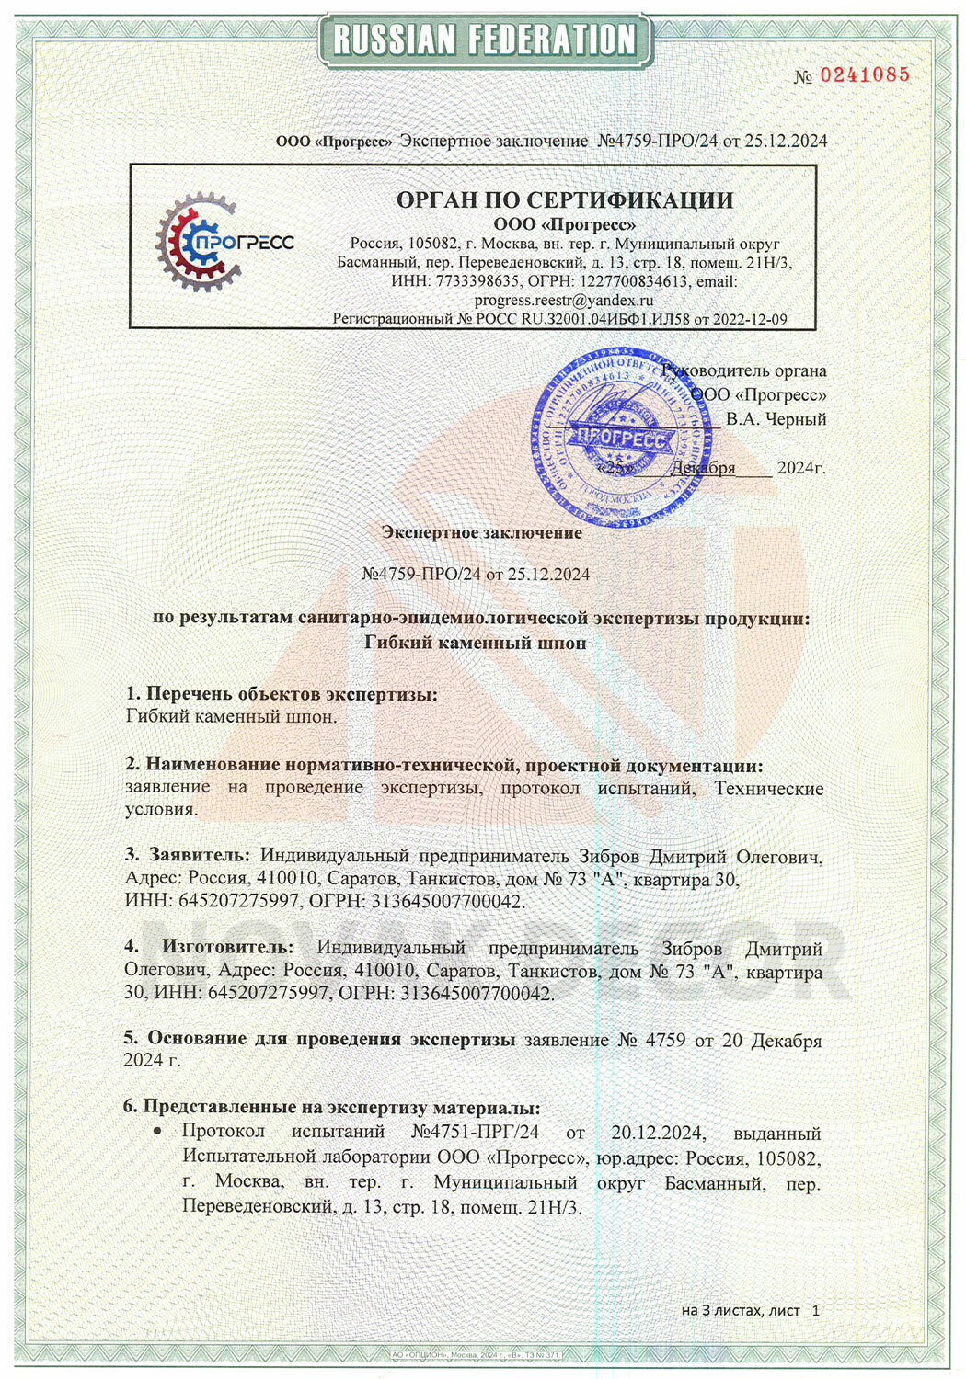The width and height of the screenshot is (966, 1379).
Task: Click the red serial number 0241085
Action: [864, 75]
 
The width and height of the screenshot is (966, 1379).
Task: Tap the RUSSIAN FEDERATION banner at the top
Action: [484, 40]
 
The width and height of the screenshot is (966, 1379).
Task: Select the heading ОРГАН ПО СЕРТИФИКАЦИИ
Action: [565, 200]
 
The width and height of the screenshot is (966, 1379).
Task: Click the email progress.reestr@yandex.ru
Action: [563, 300]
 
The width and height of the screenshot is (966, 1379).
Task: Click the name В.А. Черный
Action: [776, 419]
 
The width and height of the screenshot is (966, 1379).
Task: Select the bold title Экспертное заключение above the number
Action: [482, 532]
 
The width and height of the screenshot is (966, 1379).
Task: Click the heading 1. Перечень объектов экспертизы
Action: [282, 693]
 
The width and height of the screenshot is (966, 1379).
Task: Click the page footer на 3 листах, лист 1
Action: [750, 1310]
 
